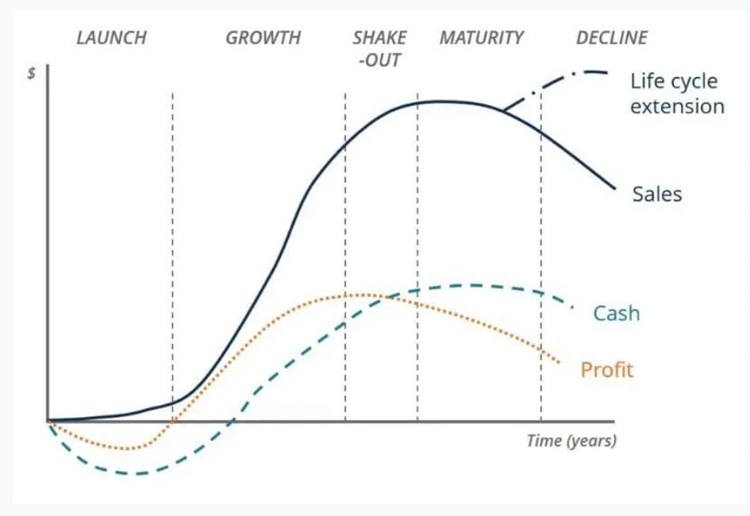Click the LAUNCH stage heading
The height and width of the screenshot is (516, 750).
[x=111, y=38]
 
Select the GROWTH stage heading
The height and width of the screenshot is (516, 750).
[x=263, y=38]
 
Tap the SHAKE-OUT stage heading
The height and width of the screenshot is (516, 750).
[x=380, y=48]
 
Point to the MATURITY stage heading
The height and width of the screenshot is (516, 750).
[x=482, y=38]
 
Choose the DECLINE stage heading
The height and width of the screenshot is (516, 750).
[x=612, y=38]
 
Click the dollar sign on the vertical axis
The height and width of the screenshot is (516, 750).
[x=32, y=74]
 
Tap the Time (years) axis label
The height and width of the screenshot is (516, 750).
[x=571, y=441]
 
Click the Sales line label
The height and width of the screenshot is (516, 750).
[x=657, y=194]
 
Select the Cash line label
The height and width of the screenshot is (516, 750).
[x=617, y=314]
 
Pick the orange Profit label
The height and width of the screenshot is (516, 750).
[x=607, y=370]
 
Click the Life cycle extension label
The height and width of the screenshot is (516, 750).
[x=677, y=94]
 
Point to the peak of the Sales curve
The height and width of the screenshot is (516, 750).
[x=440, y=102]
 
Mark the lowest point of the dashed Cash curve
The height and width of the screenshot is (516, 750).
[x=137, y=474]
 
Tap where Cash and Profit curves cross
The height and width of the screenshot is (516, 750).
[x=388, y=298]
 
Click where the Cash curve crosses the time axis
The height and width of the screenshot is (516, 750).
[x=232, y=422]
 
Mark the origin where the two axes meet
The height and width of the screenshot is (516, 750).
[x=48, y=422]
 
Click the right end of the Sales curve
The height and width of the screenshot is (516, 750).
[x=614, y=188]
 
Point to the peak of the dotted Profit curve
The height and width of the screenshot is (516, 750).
[x=363, y=295]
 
